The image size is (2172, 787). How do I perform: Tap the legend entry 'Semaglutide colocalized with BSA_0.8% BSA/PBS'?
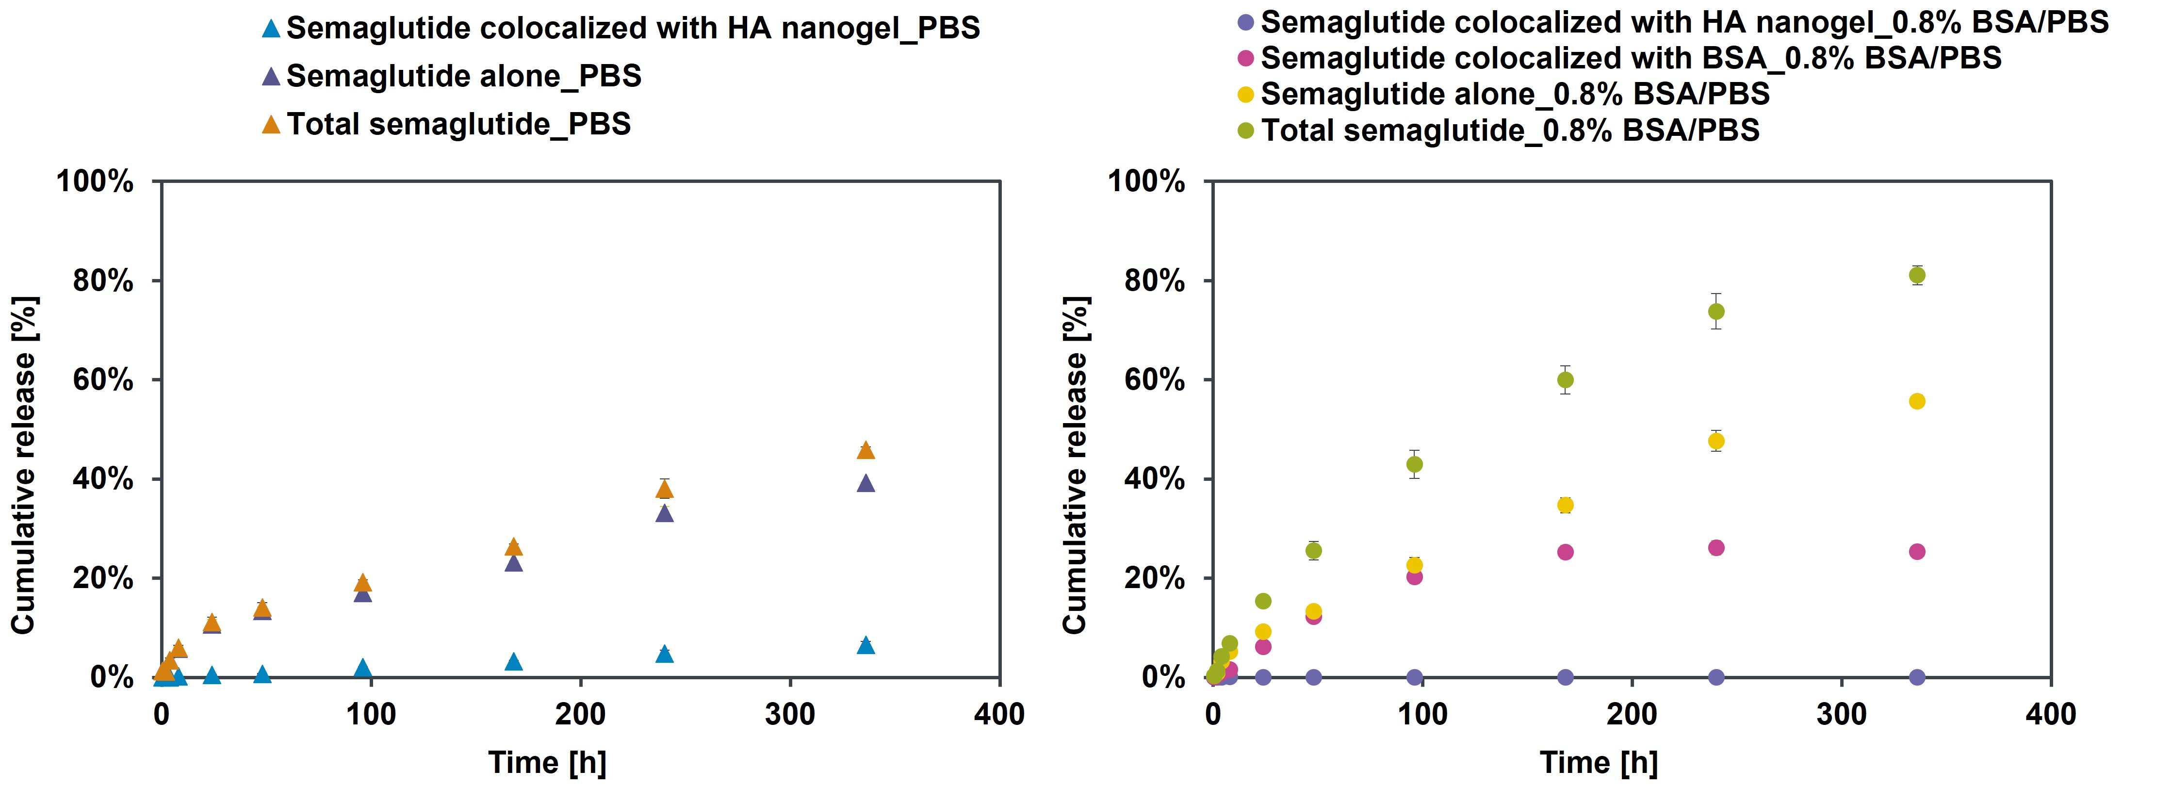coord(1630,58)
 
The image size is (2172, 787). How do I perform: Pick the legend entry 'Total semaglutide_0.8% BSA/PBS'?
coord(1509,131)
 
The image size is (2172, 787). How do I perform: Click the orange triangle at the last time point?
coord(865,450)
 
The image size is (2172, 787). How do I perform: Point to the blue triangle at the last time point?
coord(865,645)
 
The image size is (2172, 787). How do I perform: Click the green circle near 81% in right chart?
coord(1916,275)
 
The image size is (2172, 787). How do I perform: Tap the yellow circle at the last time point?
coord(1916,402)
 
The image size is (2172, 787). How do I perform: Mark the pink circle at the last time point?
coord(1916,552)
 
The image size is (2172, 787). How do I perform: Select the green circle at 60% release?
coord(1565,379)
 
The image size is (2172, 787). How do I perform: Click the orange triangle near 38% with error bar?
coord(665,489)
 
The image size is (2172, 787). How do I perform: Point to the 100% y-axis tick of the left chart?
coord(95,181)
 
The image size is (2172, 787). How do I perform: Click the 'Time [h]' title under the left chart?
coord(547,763)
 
